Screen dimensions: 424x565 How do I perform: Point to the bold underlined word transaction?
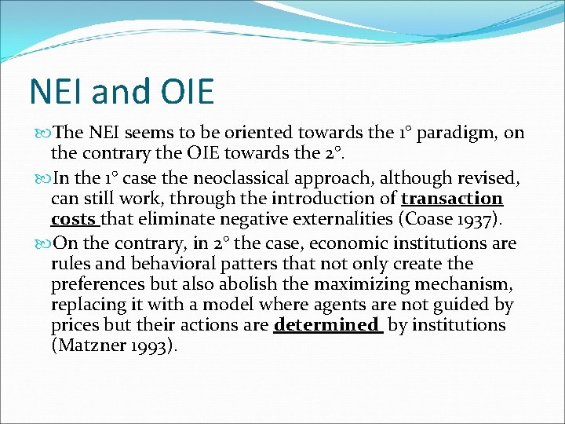[452, 199]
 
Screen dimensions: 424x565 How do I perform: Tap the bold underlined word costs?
[73, 220]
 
